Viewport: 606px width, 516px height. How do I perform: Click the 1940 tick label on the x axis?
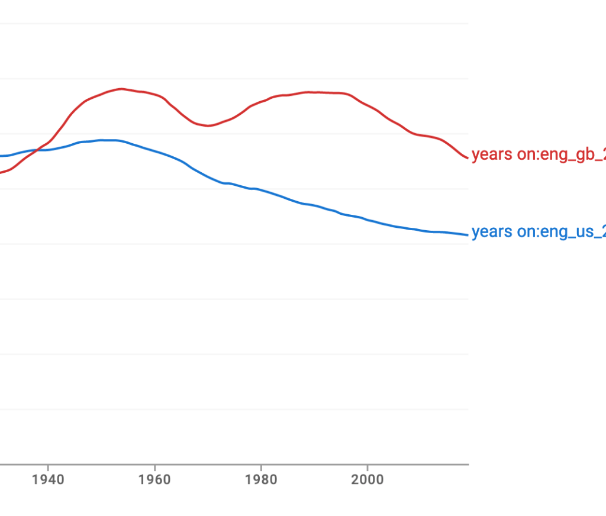coord(48,479)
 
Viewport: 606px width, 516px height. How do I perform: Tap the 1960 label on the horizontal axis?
coord(154,479)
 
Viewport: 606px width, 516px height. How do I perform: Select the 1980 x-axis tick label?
coord(261,479)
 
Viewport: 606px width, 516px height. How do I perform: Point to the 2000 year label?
coord(368,479)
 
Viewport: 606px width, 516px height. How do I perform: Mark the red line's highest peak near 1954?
coord(121,89)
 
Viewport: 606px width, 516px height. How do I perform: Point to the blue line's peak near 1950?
coord(104,140)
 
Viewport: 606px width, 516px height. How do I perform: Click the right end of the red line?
coord(468,157)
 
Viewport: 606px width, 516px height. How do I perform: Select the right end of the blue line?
coord(468,235)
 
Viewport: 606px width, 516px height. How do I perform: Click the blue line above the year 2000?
coord(368,220)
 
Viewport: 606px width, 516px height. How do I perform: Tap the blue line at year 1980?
coord(261,191)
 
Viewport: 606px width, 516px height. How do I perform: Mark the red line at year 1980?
coord(261,102)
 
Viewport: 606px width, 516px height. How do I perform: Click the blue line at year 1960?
coord(154,151)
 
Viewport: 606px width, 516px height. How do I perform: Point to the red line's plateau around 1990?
coord(314,92)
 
